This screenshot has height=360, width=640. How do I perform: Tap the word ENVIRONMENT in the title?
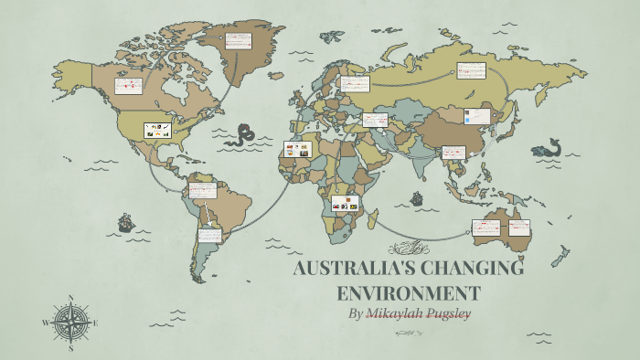(408, 293)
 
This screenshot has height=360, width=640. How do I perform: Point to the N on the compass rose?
(70, 298)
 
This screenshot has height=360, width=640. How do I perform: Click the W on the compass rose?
(45, 323)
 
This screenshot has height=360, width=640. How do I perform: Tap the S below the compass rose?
(70, 348)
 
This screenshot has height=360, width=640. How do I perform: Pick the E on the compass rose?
(95, 323)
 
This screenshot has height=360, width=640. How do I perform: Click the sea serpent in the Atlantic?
(242, 137)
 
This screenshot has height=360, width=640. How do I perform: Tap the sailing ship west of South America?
(125, 221)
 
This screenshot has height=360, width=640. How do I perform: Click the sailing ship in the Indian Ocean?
(417, 197)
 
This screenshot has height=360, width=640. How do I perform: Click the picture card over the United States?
(157, 131)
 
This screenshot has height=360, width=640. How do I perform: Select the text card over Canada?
(128, 86)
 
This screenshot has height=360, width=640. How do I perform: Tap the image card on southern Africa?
(346, 204)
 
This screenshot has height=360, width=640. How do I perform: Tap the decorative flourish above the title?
(408, 247)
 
